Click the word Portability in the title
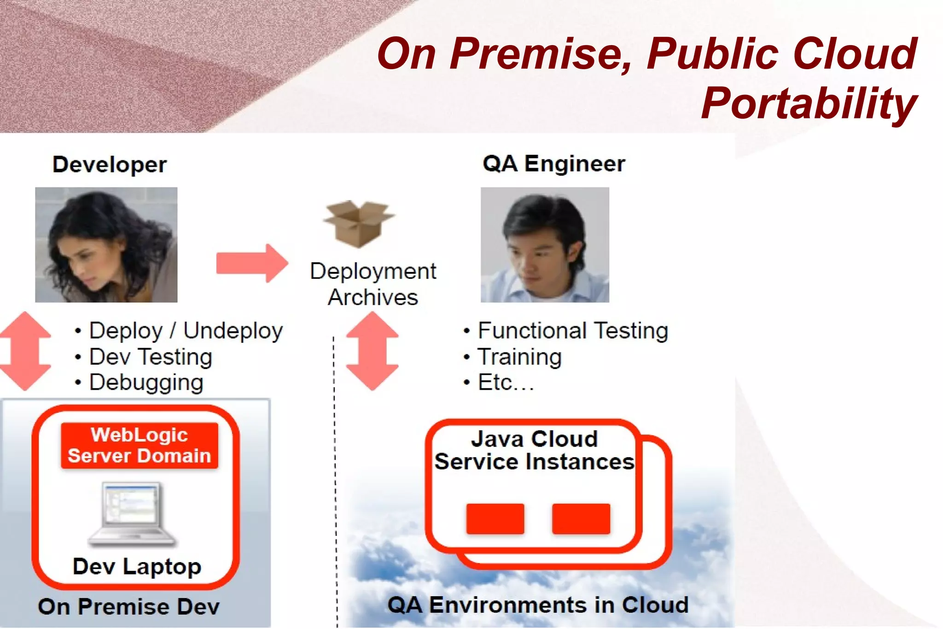pos(809,104)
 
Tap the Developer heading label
pos(110,165)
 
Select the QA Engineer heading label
pos(554,164)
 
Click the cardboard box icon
pos(358,223)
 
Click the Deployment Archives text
pos(373,284)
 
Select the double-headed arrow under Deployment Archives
pos(372,351)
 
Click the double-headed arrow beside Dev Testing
pos(25,351)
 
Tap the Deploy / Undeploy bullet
pos(186,331)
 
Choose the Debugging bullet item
pos(146,382)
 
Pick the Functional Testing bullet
pos(572,331)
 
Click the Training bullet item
pos(519,357)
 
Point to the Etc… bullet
pos(506,382)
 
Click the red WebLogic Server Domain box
pos(140,446)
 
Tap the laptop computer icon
pos(132,514)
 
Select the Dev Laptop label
pos(137,566)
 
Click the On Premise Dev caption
pos(129,606)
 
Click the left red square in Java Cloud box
pos(495,519)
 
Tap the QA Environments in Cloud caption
pos(538,605)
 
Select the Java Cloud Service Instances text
pos(534,450)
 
